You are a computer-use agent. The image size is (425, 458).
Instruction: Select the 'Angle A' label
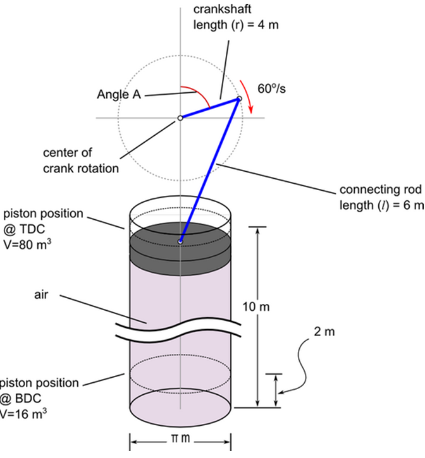118,95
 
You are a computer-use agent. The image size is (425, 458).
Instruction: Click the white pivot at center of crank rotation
180,118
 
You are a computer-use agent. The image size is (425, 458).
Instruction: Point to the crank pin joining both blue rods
239,99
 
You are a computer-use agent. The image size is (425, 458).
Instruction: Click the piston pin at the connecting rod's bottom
181,241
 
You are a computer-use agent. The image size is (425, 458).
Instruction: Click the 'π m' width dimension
181,438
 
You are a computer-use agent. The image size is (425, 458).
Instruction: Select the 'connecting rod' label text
379,190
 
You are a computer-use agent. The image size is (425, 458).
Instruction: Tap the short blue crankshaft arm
209,108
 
